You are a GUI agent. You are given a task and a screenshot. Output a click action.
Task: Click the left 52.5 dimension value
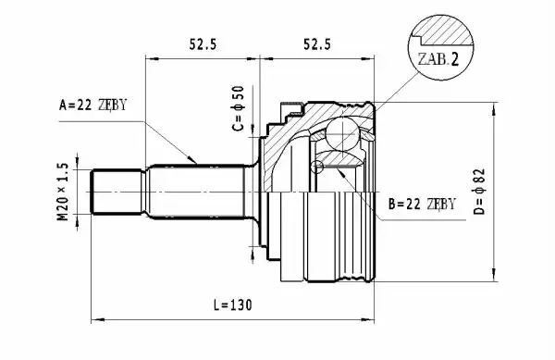click(203, 44)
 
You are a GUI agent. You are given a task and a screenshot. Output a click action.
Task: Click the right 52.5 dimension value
click(317, 44)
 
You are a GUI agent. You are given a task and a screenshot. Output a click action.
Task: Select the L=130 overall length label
click(232, 304)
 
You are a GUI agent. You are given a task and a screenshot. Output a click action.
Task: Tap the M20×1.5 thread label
click(62, 192)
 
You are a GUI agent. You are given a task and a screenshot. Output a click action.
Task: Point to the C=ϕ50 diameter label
click(239, 108)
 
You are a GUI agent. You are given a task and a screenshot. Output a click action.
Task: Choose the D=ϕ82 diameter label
click(478, 192)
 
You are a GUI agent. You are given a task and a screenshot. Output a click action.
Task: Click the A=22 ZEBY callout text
click(92, 105)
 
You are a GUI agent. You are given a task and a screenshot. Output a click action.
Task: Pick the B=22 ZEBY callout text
click(422, 205)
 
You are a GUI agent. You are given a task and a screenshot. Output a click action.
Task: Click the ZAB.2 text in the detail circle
click(438, 59)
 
